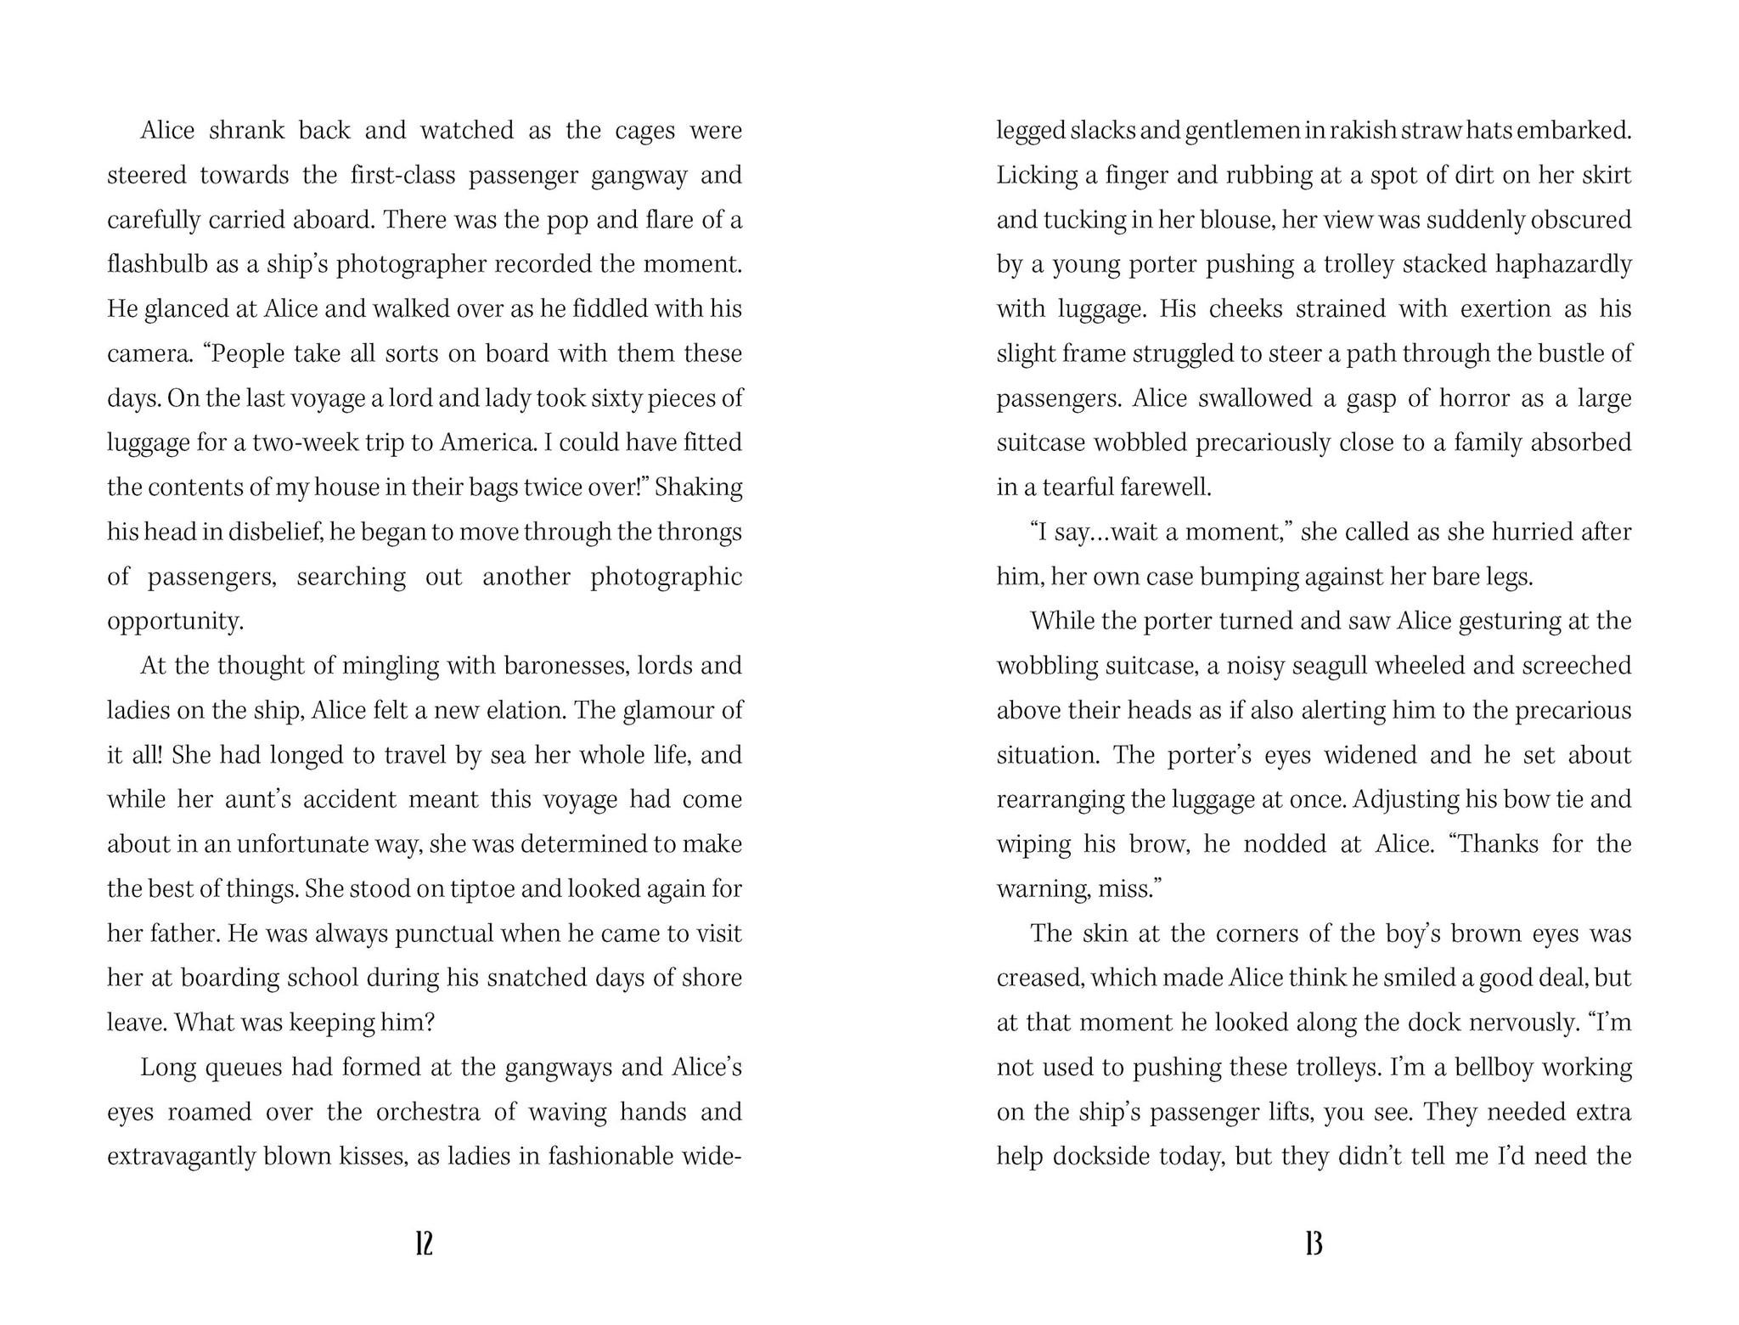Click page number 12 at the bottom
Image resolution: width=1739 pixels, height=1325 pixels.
[425, 1244]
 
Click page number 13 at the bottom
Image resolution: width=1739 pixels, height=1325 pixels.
[1314, 1244]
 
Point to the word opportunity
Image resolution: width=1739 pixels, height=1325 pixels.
[175, 621]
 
